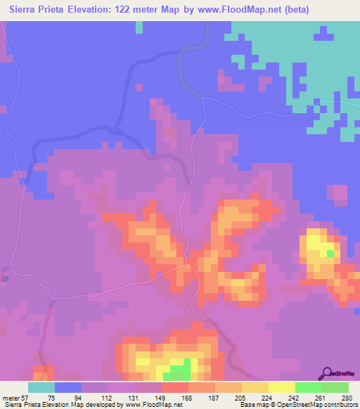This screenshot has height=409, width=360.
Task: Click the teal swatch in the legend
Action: (x=41, y=387)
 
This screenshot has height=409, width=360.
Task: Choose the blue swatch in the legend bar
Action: (x=68, y=387)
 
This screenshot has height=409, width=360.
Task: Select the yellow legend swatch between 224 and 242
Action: (x=282, y=387)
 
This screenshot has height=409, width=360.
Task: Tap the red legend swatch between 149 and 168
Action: (x=175, y=387)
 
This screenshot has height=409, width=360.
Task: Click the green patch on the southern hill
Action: (x=180, y=368)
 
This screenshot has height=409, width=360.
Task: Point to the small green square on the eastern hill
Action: (x=330, y=253)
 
